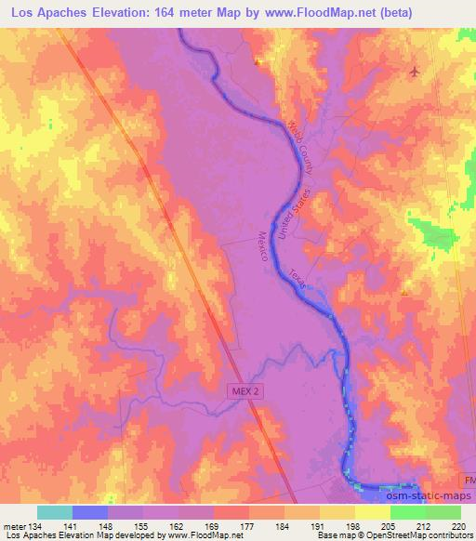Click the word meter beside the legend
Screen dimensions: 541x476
tap(17, 526)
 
